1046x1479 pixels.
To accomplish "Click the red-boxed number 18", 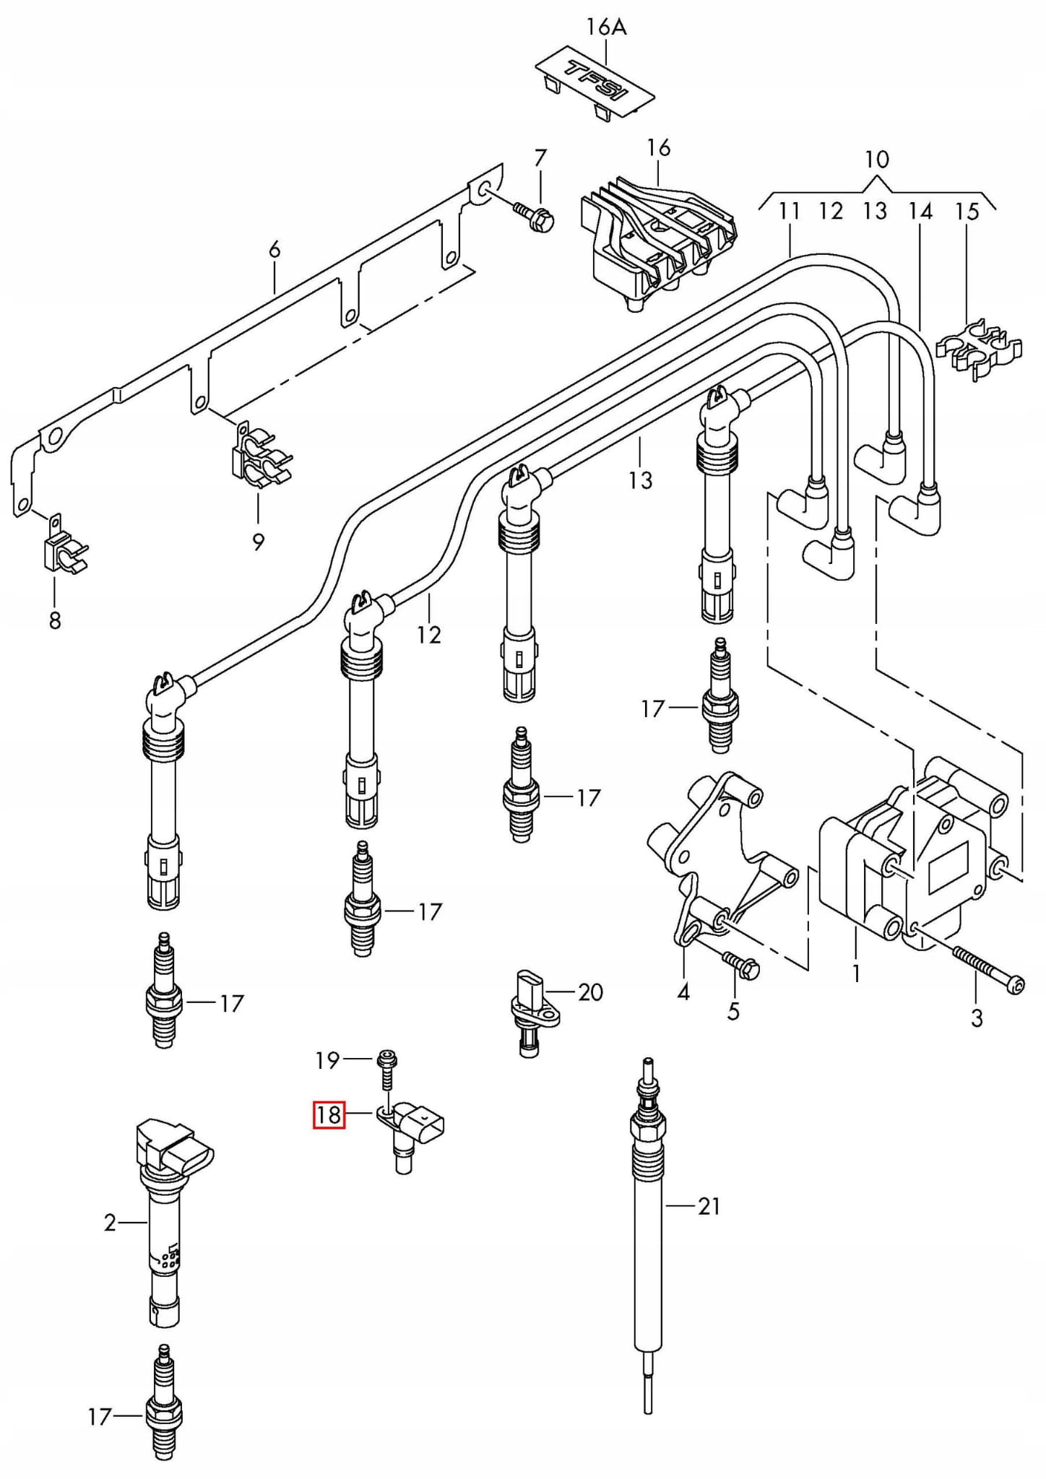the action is (x=329, y=1114).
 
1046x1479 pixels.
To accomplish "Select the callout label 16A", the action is (x=606, y=27).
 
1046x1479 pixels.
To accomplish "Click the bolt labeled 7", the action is (x=534, y=214).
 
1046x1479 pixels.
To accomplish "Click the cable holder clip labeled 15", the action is (x=979, y=350).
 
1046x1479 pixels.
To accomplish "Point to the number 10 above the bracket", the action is (x=876, y=160).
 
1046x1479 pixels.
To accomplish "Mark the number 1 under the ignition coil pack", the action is (x=857, y=974).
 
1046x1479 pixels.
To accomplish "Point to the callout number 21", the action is (x=709, y=1206).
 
